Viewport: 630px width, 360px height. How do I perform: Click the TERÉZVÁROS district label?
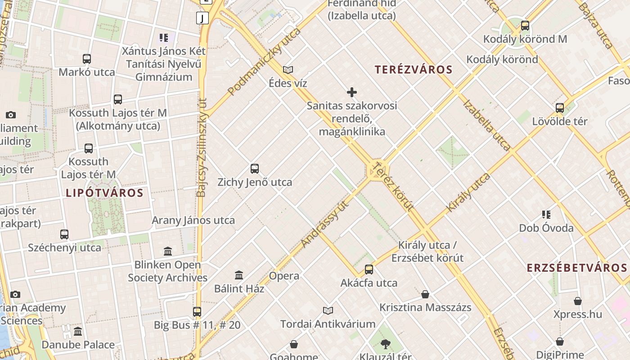click(413, 70)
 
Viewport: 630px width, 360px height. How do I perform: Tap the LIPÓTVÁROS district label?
click(104, 193)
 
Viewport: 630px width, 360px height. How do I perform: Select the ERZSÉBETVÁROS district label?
click(577, 268)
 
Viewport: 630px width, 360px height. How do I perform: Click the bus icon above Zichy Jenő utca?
click(255, 169)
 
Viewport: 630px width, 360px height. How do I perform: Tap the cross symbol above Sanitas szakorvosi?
click(352, 92)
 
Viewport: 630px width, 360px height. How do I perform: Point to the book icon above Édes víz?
click(288, 70)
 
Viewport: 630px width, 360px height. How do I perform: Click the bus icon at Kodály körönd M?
click(525, 25)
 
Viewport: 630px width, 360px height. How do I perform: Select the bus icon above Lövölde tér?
click(560, 108)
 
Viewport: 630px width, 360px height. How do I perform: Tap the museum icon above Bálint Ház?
click(239, 274)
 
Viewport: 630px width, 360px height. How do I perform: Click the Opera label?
click(284, 276)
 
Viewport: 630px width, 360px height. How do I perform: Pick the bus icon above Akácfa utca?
click(369, 269)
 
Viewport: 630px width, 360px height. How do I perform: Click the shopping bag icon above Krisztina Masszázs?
click(425, 294)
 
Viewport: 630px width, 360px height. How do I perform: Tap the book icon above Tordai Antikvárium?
click(328, 310)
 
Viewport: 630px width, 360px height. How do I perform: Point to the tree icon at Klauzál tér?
click(385, 344)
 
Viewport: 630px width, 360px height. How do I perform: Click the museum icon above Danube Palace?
click(78, 332)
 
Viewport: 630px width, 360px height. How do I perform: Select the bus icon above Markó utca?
click(87, 58)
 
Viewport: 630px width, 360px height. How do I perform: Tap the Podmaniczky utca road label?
click(264, 62)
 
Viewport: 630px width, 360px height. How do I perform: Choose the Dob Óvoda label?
click(546, 228)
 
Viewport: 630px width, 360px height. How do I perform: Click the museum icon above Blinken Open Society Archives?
click(168, 251)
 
